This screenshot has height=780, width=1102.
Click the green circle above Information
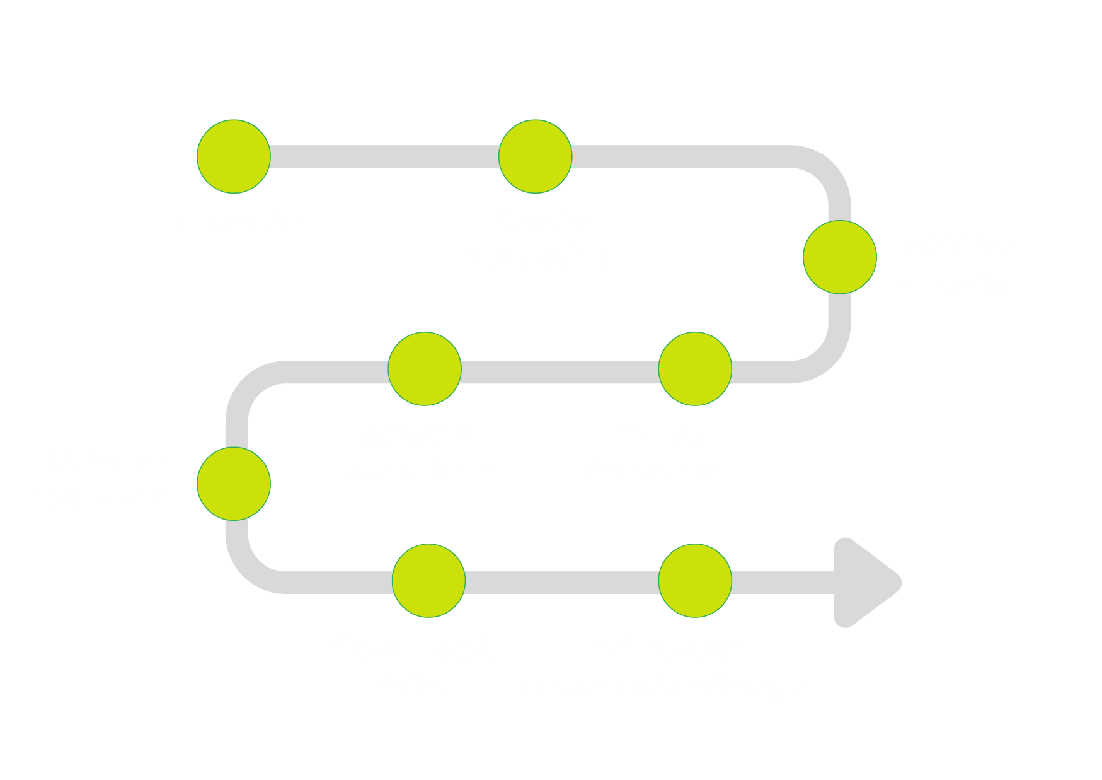click(x=234, y=156)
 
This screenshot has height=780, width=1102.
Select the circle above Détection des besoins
click(x=536, y=156)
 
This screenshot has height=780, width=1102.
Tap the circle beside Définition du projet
click(x=839, y=257)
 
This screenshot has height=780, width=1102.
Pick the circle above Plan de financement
click(x=695, y=369)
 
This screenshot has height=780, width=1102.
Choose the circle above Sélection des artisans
click(x=425, y=369)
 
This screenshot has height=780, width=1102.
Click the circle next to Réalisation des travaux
click(x=234, y=484)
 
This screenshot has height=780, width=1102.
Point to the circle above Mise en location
click(x=428, y=581)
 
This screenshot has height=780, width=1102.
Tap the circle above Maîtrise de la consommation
click(x=695, y=581)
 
